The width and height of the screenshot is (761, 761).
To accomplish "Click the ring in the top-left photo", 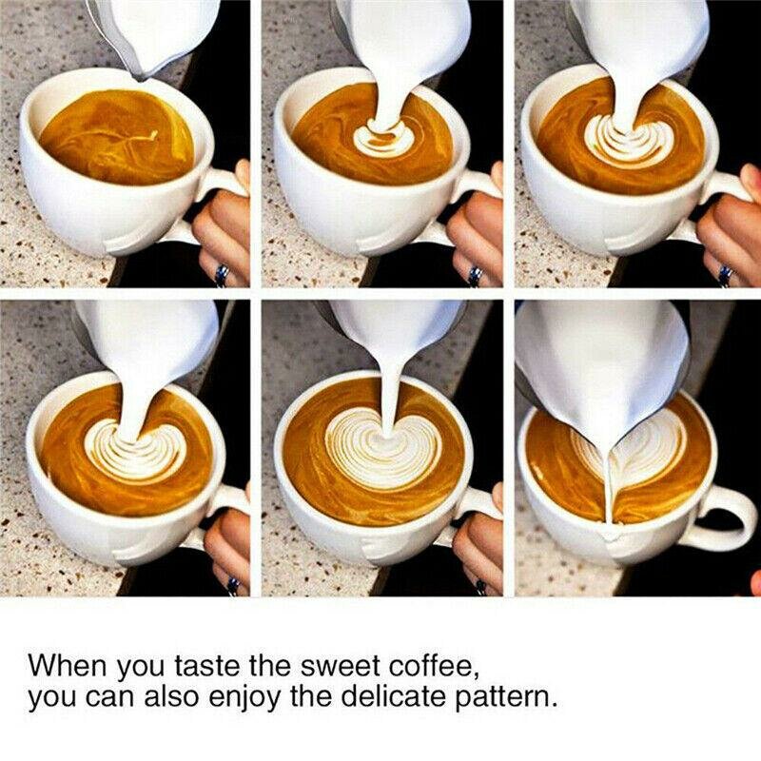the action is tap(223, 275).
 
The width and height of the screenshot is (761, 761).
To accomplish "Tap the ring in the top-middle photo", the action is tap(475, 276).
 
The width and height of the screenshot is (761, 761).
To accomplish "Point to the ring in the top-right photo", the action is tap(726, 275).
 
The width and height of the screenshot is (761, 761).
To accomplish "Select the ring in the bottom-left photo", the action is tap(233, 585).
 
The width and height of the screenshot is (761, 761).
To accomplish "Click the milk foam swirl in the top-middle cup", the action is tap(384, 138).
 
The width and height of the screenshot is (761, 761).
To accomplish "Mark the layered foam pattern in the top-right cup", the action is tap(628, 139).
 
